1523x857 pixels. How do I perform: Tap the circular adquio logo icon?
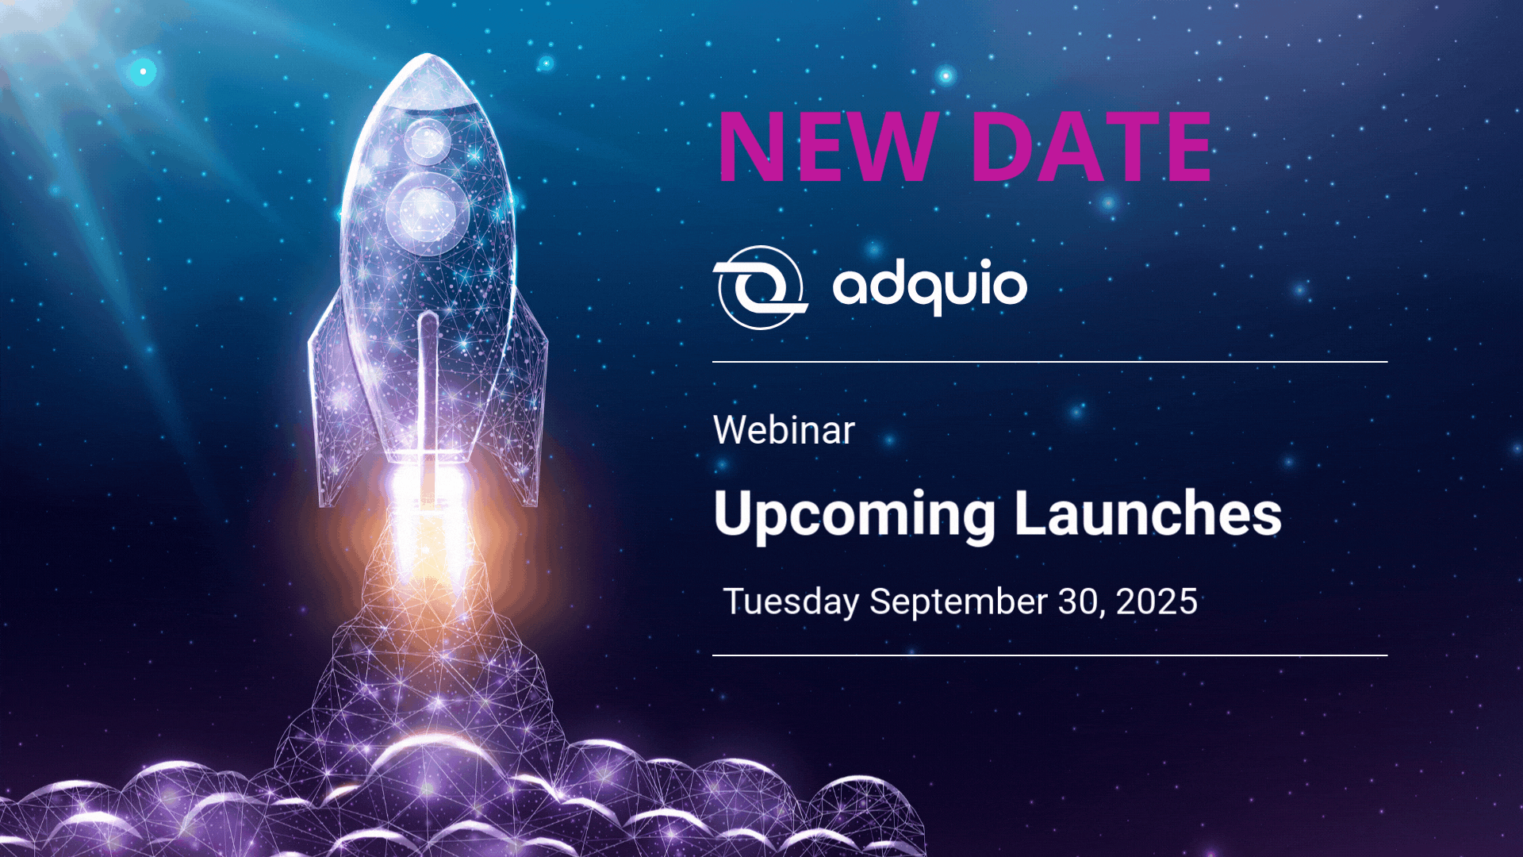point(760,287)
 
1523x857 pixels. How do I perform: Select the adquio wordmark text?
point(930,286)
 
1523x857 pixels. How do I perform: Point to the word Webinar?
point(784,430)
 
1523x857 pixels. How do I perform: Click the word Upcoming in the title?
point(854,515)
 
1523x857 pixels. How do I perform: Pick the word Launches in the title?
point(1148,513)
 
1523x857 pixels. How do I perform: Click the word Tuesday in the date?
point(792,602)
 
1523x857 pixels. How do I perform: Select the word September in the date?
point(958,602)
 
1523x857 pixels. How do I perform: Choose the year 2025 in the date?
point(1157,601)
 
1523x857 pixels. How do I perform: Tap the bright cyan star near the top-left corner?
point(143,71)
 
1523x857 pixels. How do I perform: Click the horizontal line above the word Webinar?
point(1050,362)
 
